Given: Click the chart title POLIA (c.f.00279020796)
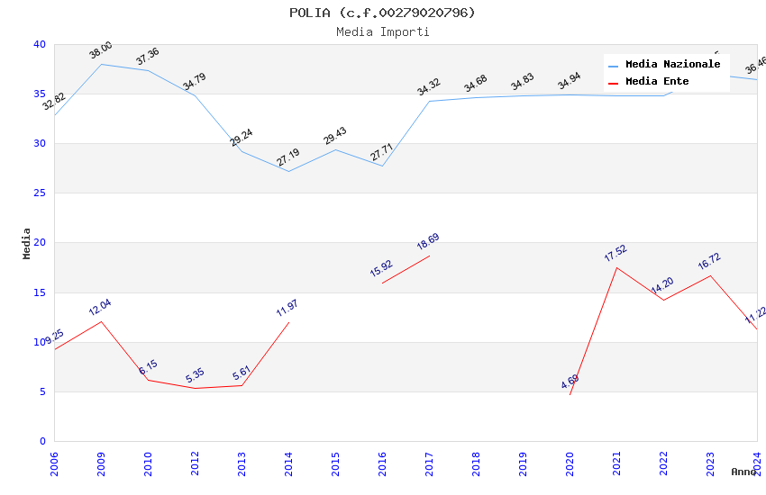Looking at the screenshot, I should point(382,13).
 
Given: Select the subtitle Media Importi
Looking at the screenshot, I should point(382,31).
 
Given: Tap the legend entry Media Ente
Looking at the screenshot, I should point(657,82).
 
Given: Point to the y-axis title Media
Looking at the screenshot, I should point(27,243).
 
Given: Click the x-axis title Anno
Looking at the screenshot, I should point(743,472).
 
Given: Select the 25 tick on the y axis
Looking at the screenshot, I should point(40,193).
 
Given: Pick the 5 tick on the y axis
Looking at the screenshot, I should point(42,391).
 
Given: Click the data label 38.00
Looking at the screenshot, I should point(101,50).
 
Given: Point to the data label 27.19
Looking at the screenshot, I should point(288,157).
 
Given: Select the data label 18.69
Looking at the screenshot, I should point(428,242).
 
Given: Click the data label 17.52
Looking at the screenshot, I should point(616,254).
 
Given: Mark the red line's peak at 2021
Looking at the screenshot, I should point(616,267).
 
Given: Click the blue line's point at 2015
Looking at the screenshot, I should point(335,149).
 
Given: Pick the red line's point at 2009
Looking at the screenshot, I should point(101,321).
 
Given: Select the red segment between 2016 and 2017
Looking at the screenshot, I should point(406,270).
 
